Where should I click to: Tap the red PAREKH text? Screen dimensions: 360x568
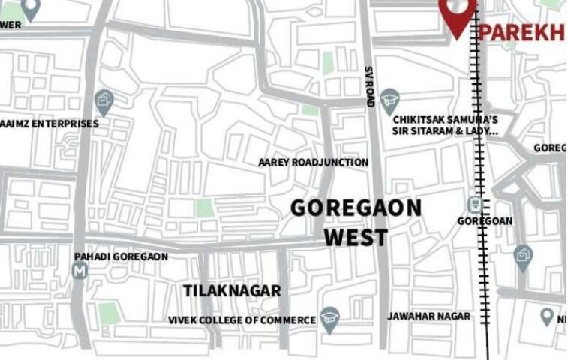[x=521, y=32]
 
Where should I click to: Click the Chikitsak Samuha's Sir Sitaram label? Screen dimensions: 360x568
[x=445, y=124]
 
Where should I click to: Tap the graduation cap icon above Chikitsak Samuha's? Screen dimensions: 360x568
[x=389, y=98]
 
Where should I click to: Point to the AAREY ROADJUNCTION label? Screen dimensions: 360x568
[x=313, y=162]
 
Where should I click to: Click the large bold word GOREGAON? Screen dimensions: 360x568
[x=356, y=208]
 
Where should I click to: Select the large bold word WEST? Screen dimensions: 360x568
[x=356, y=238]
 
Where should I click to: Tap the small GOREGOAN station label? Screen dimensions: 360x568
[x=485, y=221]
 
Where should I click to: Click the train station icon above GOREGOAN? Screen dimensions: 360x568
[x=474, y=204]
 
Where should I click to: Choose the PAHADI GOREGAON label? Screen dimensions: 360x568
[x=121, y=256]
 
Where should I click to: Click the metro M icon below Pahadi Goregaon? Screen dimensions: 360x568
[x=80, y=271]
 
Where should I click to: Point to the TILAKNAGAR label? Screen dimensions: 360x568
[x=232, y=290]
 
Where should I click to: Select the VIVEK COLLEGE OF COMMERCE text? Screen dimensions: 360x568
[x=242, y=320]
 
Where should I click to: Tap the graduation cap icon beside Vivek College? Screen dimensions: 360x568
[x=329, y=317]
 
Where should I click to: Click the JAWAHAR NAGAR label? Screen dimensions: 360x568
[x=428, y=316]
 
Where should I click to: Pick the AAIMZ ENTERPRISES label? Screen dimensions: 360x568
[x=50, y=123]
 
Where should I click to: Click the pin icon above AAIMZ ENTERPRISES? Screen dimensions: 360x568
[x=104, y=100]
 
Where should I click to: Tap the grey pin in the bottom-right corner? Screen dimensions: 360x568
[x=547, y=316]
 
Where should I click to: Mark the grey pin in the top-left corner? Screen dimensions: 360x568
[x=30, y=8]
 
